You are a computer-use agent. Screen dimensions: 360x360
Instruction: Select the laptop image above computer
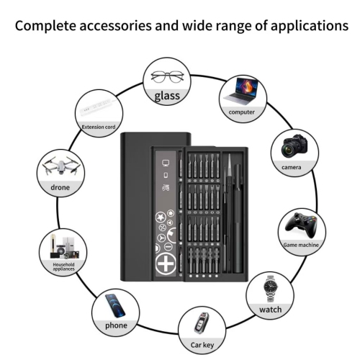tap(243, 92)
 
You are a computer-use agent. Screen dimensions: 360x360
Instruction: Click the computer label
tap(242, 112)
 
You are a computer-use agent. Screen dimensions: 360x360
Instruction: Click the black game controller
tap(300, 225)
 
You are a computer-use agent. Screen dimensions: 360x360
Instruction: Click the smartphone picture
tap(115, 303)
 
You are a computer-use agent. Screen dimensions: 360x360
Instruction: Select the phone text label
tap(116, 325)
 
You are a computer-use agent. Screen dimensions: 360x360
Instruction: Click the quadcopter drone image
tap(60, 167)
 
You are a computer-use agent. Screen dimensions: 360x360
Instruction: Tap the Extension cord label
tap(98, 127)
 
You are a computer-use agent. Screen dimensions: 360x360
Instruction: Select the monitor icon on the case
tap(166, 163)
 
